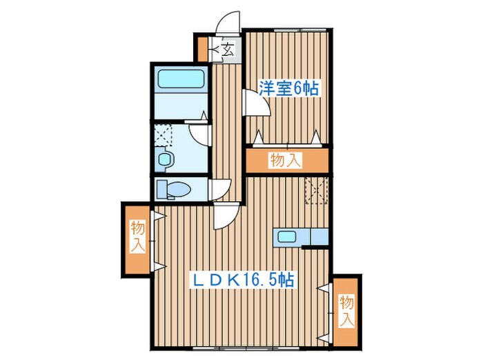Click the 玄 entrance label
[x=228, y=50]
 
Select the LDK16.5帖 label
[x=243, y=281]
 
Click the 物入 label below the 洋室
[x=285, y=161]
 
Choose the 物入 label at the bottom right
[x=346, y=310]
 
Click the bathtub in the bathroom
[x=181, y=80]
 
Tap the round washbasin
[x=165, y=159]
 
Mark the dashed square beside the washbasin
[x=164, y=134]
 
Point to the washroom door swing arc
[x=200, y=134]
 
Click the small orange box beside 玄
[x=202, y=49]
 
